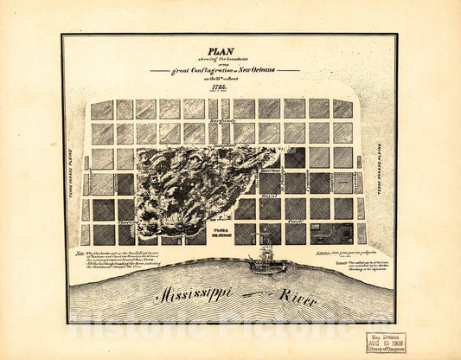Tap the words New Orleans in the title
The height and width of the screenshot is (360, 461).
274,69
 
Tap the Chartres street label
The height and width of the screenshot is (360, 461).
130,222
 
